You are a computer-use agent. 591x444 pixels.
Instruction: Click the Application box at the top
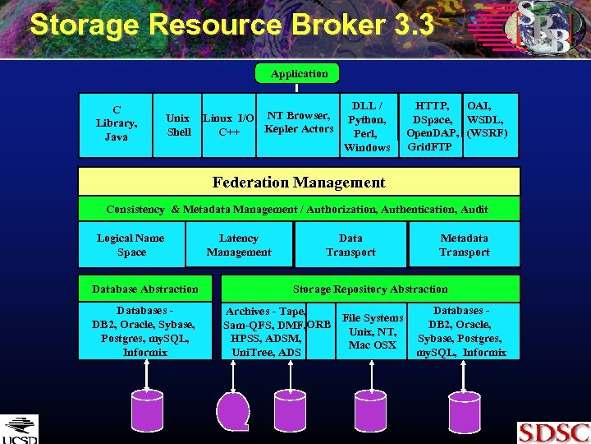click(x=299, y=74)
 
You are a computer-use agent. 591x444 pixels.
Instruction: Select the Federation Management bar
click(x=299, y=183)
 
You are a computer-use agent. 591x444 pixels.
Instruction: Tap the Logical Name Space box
click(x=131, y=245)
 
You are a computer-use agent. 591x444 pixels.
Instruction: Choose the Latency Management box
click(x=239, y=245)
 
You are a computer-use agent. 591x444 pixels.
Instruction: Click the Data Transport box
click(x=350, y=245)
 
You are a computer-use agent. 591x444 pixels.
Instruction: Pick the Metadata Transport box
click(x=464, y=245)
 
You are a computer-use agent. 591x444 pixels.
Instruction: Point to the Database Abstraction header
click(x=145, y=289)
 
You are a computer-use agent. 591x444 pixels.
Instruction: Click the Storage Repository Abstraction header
click(x=370, y=289)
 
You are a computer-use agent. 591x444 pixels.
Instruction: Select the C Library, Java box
click(x=117, y=123)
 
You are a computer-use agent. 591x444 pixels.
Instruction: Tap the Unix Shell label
click(x=178, y=125)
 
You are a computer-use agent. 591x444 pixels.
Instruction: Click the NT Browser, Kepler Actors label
click(x=299, y=123)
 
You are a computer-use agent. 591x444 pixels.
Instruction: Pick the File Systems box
click(x=373, y=331)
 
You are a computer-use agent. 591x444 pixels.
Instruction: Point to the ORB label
click(x=319, y=325)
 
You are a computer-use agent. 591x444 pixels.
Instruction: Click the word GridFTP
click(x=429, y=147)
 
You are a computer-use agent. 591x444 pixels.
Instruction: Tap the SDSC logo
click(x=552, y=432)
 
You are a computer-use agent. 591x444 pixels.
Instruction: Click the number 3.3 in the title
click(x=413, y=25)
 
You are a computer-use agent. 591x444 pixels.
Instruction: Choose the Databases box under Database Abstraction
click(x=145, y=331)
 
